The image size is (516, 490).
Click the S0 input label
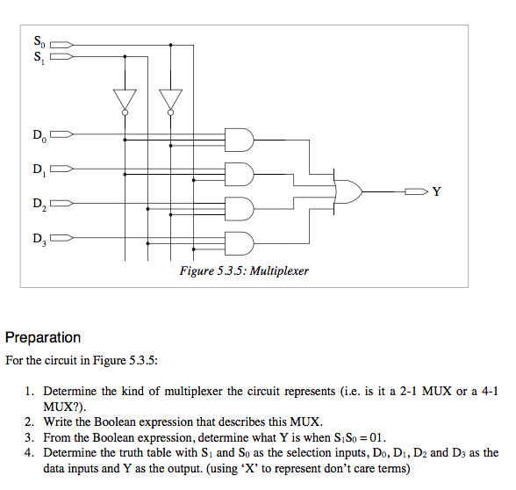38,41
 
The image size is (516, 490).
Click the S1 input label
38,58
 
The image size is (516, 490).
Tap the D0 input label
38,135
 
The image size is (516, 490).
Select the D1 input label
38,169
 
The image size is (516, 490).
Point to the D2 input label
38,205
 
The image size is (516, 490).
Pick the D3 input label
38,238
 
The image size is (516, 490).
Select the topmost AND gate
240,140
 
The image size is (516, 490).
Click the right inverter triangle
170,99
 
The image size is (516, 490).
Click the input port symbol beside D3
64,237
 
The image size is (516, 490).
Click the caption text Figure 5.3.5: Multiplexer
244,271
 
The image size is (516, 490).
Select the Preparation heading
43,337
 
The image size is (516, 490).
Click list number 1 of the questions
29,391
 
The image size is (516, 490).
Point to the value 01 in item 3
378,436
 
